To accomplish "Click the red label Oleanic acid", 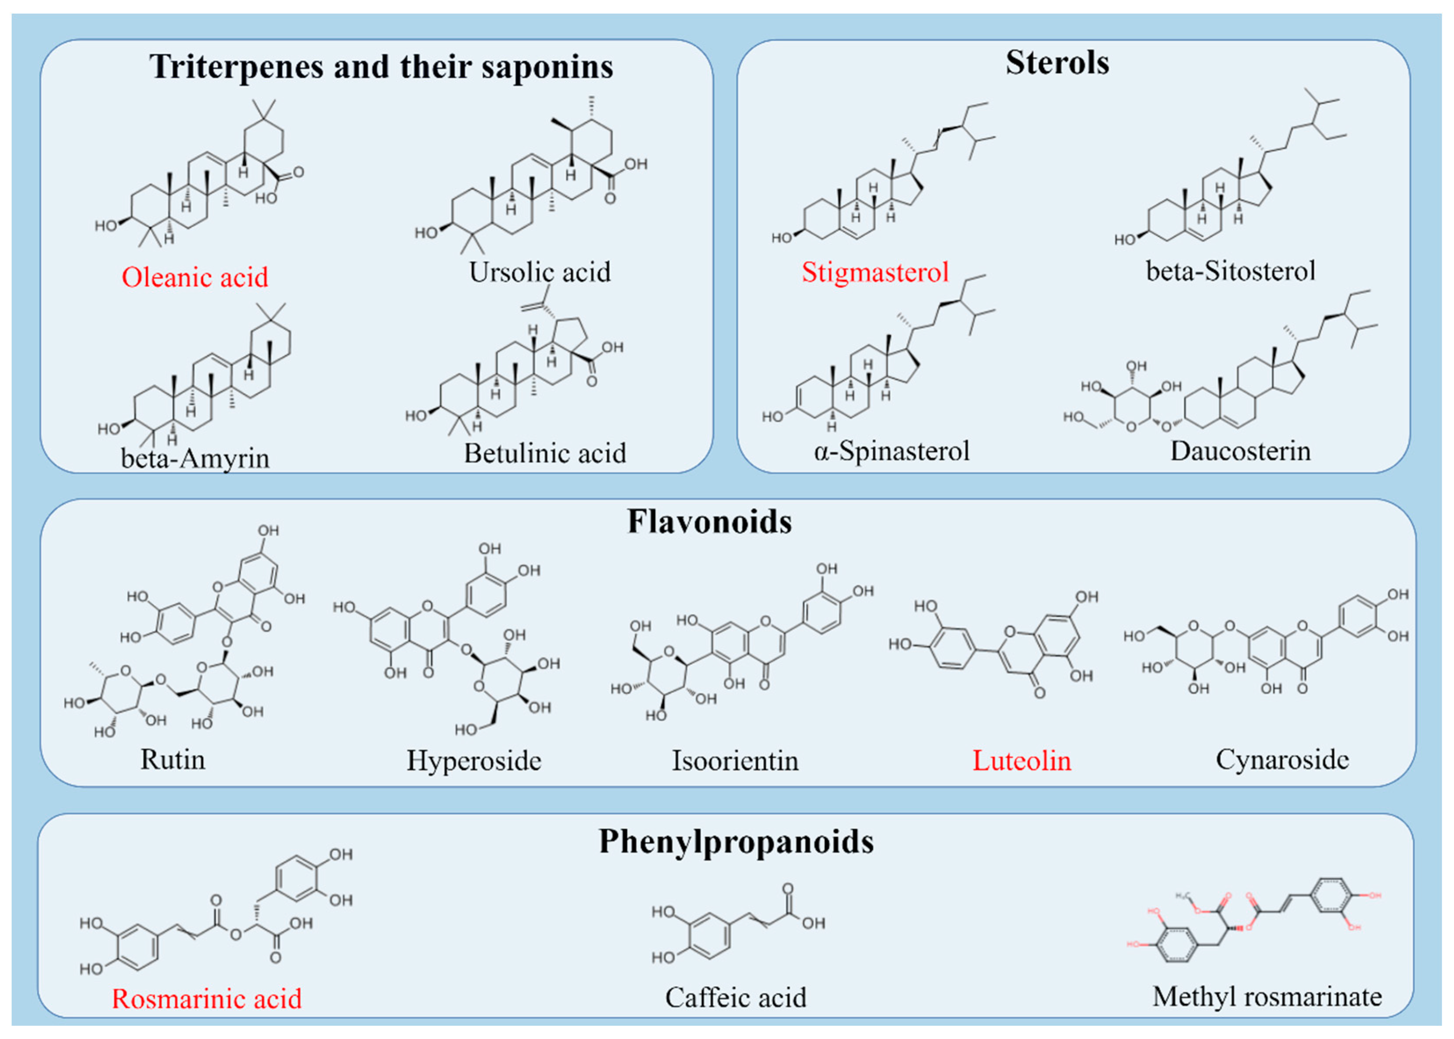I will pos(195,278).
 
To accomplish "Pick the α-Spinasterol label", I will pos(891,451).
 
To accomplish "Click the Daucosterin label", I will pos(1241,451).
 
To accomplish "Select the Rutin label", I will pos(173,759).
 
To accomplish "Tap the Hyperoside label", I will pos(474,761).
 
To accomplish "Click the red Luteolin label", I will pos(1021,761).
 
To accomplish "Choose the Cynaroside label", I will pos(1282,759).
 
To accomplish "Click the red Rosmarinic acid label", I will pos(206,999).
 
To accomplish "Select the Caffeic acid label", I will pos(735,997).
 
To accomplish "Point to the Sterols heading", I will pos(1057,63).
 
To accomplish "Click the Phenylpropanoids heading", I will pos(736,841).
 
